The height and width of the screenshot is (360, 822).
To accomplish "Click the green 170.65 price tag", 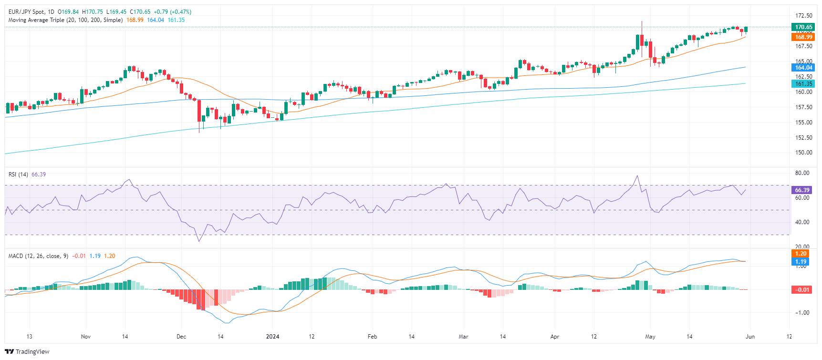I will (x=803, y=27).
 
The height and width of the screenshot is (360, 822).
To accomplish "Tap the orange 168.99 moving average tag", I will (x=803, y=37).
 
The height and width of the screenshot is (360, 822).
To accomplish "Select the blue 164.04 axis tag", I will (x=803, y=68).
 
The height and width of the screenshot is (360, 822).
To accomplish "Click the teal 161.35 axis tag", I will (x=803, y=84).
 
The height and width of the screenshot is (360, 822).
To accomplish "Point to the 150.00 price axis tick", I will (x=803, y=153).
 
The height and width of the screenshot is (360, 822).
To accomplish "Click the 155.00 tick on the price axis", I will (x=803, y=122).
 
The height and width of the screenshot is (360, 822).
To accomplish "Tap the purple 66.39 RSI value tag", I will (x=802, y=190).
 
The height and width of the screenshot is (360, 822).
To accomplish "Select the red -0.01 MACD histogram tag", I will (x=801, y=290).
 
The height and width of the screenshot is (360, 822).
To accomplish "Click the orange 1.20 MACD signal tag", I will (x=801, y=254).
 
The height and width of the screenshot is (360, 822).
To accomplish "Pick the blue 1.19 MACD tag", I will (x=801, y=262).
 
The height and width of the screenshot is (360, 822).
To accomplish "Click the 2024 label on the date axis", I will (x=272, y=337).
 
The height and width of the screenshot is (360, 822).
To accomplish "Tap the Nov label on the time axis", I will (x=86, y=337).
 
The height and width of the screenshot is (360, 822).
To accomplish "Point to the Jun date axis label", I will (x=750, y=337).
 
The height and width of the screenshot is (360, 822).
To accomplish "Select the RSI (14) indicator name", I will (x=18, y=175).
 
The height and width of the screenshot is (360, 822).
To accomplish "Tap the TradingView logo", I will (x=27, y=352).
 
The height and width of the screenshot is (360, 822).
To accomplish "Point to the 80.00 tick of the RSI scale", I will (x=802, y=173).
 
